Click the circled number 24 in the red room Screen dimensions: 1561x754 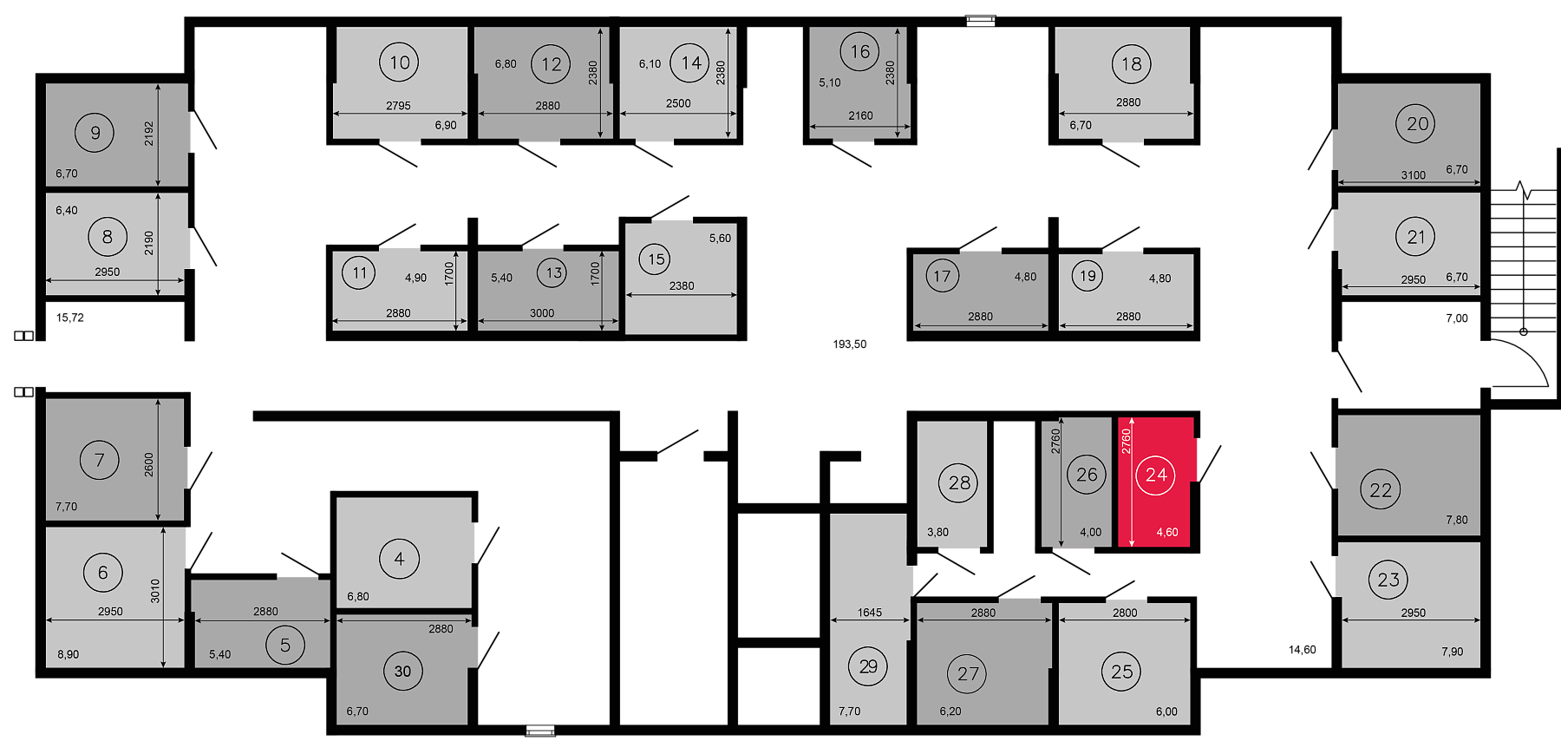(1156, 475)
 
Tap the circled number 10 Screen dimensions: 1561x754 (399, 62)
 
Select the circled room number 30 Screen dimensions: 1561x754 (402, 671)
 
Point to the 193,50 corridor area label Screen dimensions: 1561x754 (850, 344)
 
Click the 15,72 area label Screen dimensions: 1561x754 (70, 318)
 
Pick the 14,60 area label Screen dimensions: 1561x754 (1303, 649)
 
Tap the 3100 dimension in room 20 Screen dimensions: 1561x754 (1413, 175)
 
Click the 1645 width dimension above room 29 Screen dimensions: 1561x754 (870, 613)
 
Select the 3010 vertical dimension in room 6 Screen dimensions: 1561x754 (155, 591)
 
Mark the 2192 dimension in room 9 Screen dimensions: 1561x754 (148, 133)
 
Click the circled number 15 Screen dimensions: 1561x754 (656, 259)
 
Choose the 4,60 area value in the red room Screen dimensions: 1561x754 (1167, 533)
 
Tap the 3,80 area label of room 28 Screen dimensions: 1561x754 (937, 533)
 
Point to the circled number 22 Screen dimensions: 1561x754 (1381, 489)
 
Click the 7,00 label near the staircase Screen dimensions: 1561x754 (1457, 318)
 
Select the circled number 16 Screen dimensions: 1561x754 (859, 51)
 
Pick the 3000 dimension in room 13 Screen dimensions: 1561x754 (542, 313)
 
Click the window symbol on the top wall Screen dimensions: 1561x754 (981, 21)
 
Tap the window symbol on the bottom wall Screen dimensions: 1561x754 (540, 731)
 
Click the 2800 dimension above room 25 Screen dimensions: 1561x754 (1125, 613)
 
